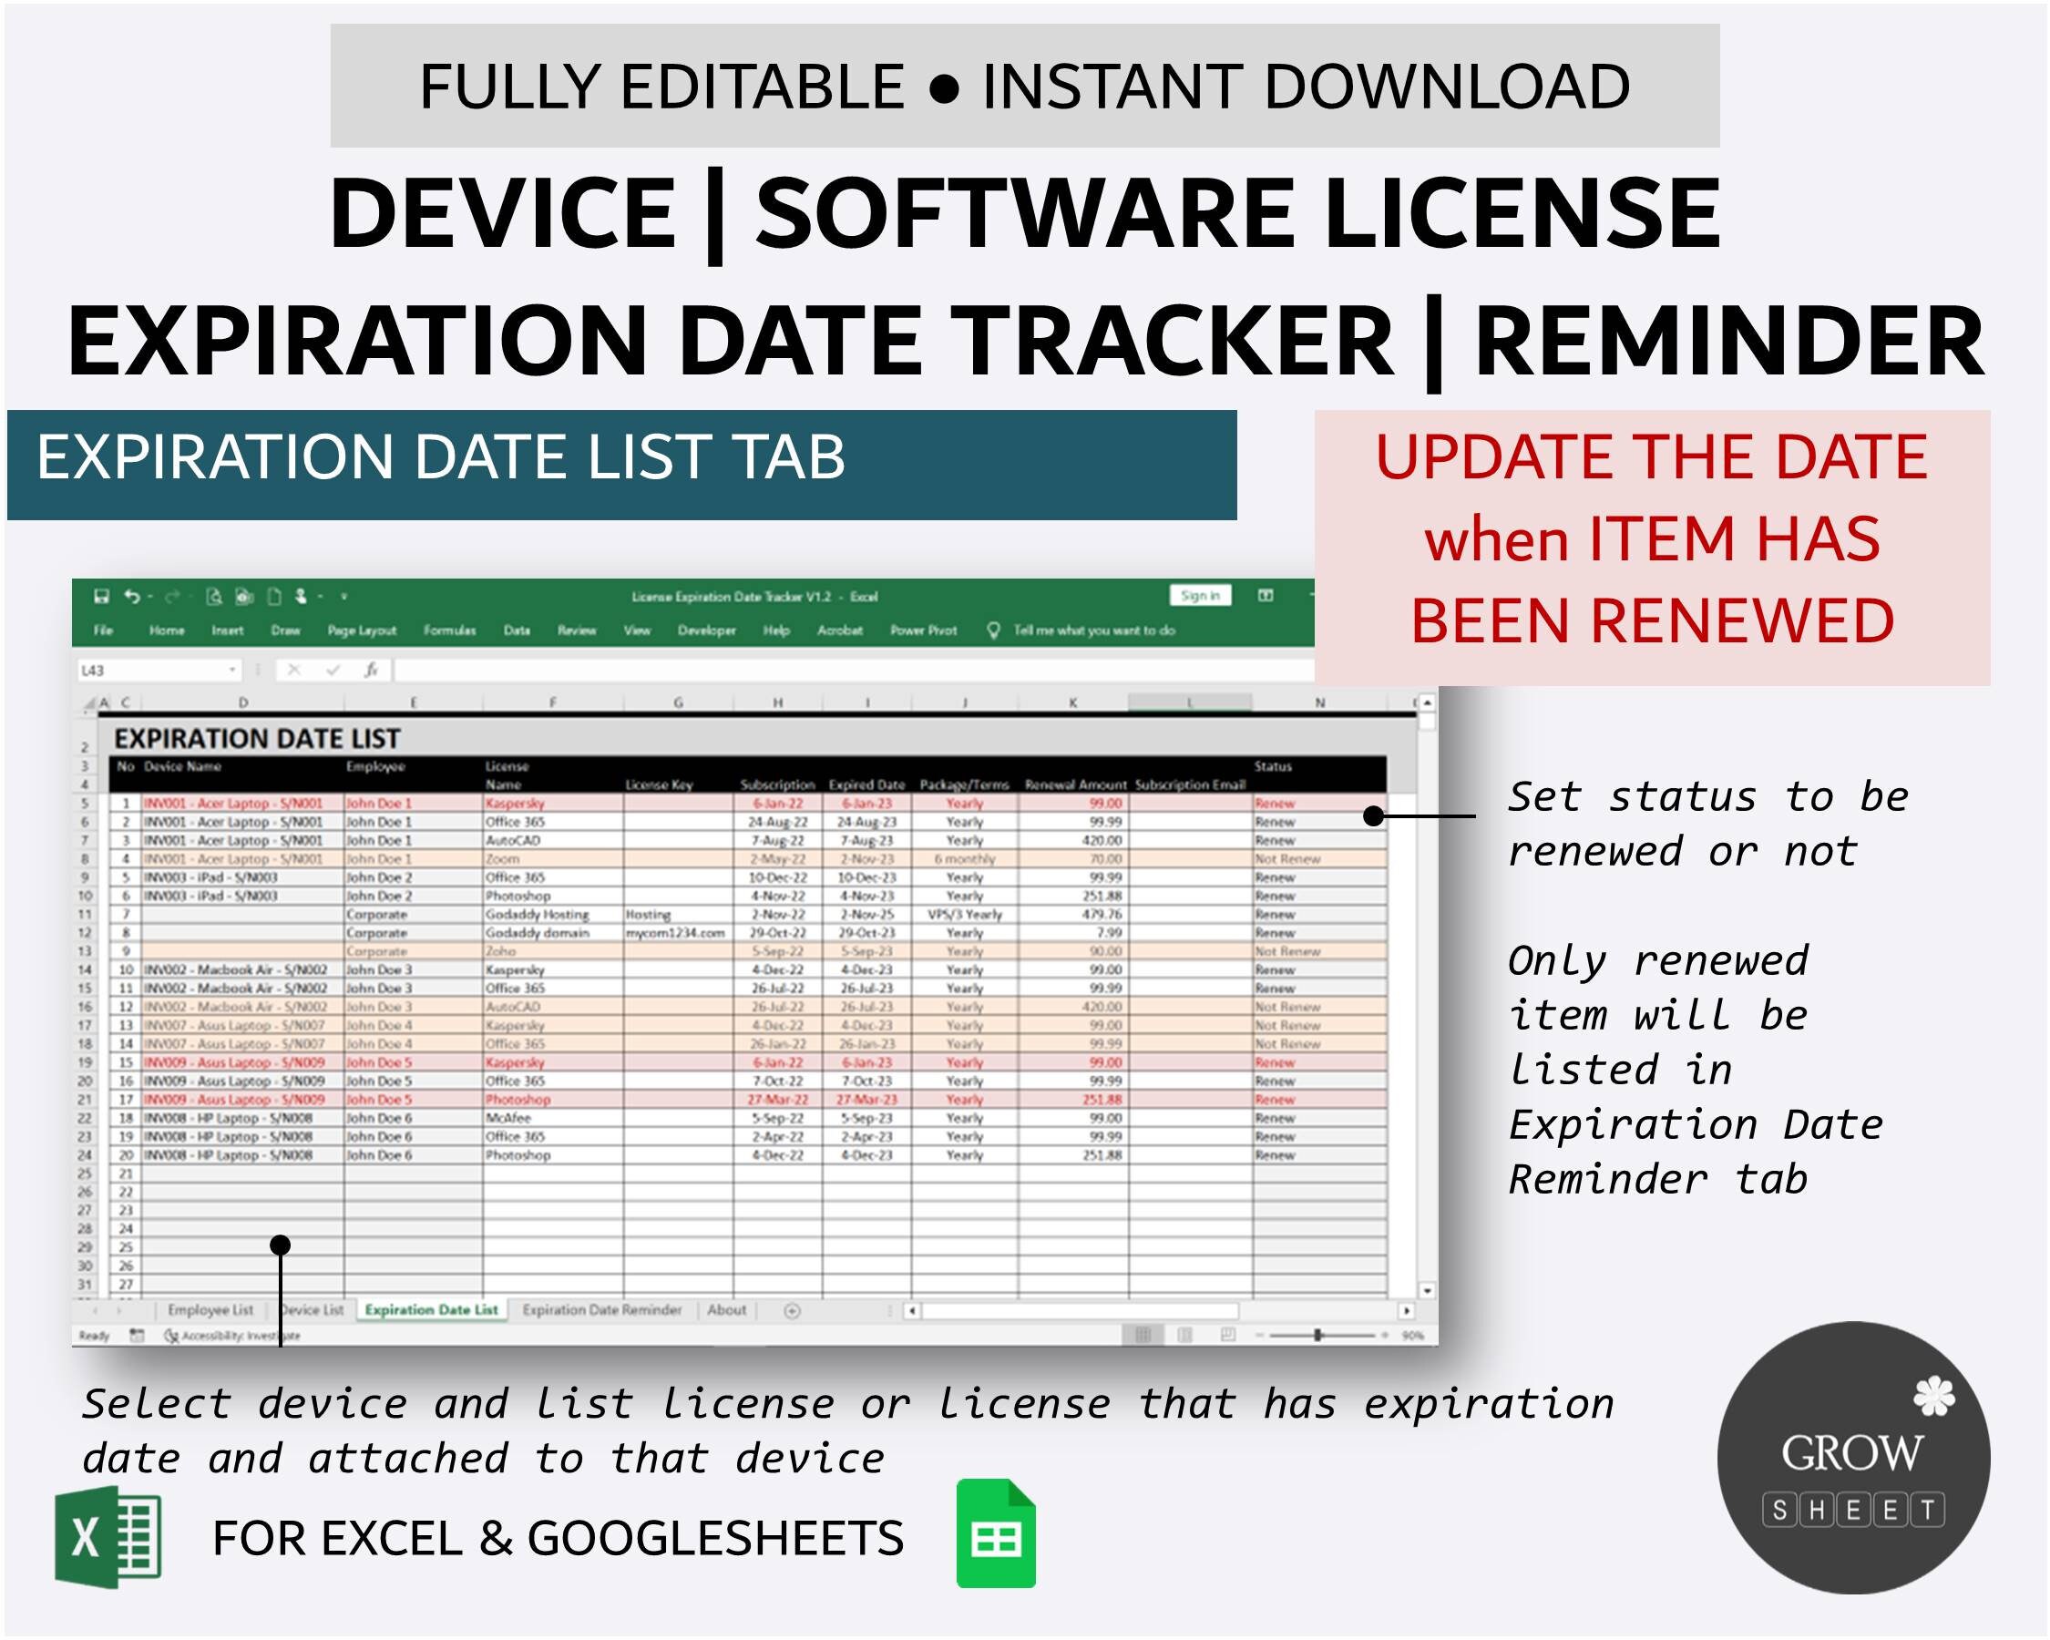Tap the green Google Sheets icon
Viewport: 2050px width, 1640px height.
pos(996,1533)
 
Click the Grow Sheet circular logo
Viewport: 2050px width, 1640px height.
pos(1852,1457)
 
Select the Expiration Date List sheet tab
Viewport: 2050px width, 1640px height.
pos(431,1310)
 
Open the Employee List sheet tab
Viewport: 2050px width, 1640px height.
pos(210,1310)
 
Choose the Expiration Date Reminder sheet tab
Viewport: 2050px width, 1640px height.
pos(602,1310)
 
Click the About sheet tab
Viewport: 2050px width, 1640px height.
pos(726,1310)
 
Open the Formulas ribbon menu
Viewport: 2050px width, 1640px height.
pos(449,630)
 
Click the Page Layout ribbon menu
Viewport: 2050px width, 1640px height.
pos(362,630)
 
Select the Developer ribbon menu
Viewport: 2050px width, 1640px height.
pos(706,630)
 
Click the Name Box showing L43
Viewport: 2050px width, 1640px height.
pos(157,671)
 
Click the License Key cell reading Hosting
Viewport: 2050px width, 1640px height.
pos(648,915)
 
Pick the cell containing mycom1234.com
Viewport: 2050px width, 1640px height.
pos(675,934)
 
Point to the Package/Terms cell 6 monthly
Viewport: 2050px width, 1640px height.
pos(963,859)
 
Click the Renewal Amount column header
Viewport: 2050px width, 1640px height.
pos(1074,785)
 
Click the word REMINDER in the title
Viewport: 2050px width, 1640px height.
pos(1728,341)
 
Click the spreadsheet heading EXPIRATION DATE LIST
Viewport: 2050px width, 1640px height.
pos(257,739)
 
